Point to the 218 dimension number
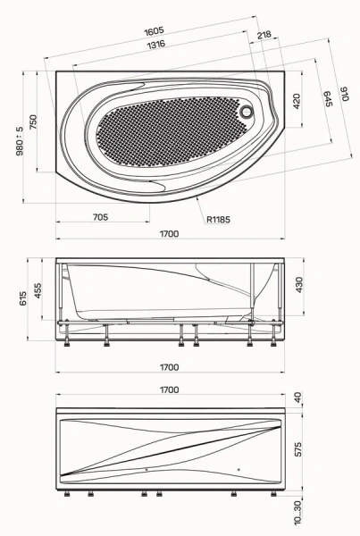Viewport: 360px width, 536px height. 264,35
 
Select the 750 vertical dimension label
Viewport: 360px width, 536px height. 34,122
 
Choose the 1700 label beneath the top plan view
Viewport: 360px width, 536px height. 170,234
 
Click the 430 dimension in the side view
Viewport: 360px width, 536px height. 299,285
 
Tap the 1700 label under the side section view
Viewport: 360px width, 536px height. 170,367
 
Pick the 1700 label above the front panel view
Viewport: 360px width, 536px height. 170,389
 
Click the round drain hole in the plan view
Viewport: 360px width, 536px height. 247,113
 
